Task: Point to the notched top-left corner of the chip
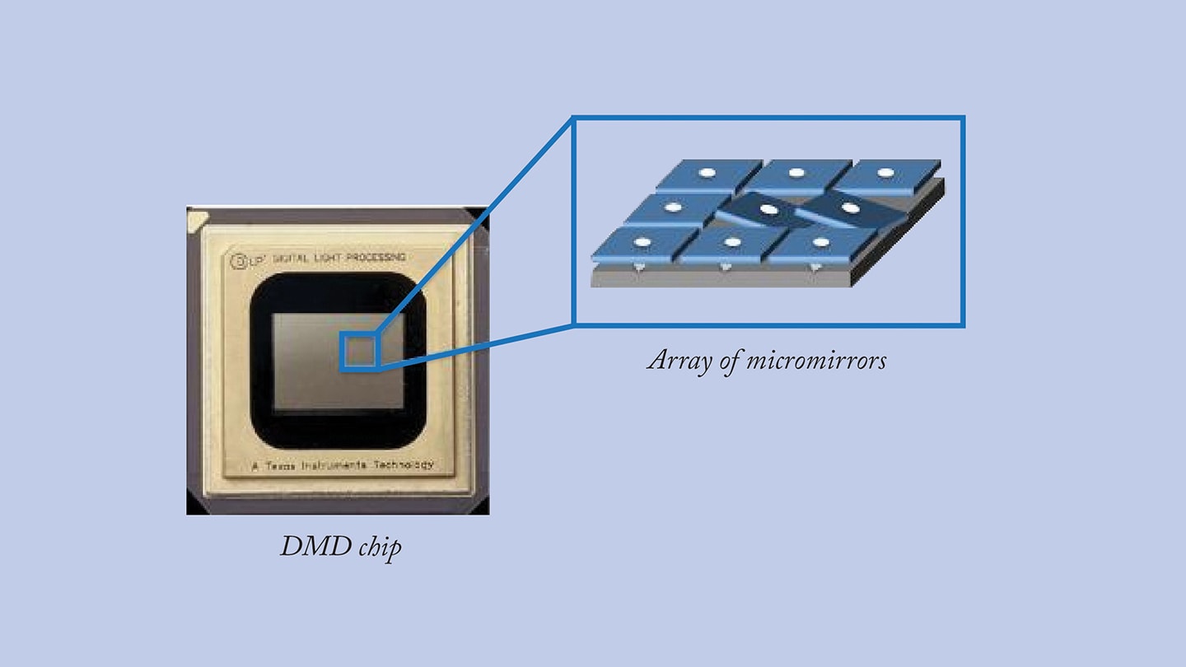pyautogui.click(x=198, y=219)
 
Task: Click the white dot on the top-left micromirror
pyautogui.click(x=706, y=173)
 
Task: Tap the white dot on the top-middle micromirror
pyautogui.click(x=796, y=173)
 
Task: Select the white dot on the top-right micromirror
pyautogui.click(x=885, y=173)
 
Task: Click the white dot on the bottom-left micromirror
pyautogui.click(x=643, y=242)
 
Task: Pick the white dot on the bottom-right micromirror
pyautogui.click(x=820, y=242)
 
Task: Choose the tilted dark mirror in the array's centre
pyautogui.click(x=768, y=211)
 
